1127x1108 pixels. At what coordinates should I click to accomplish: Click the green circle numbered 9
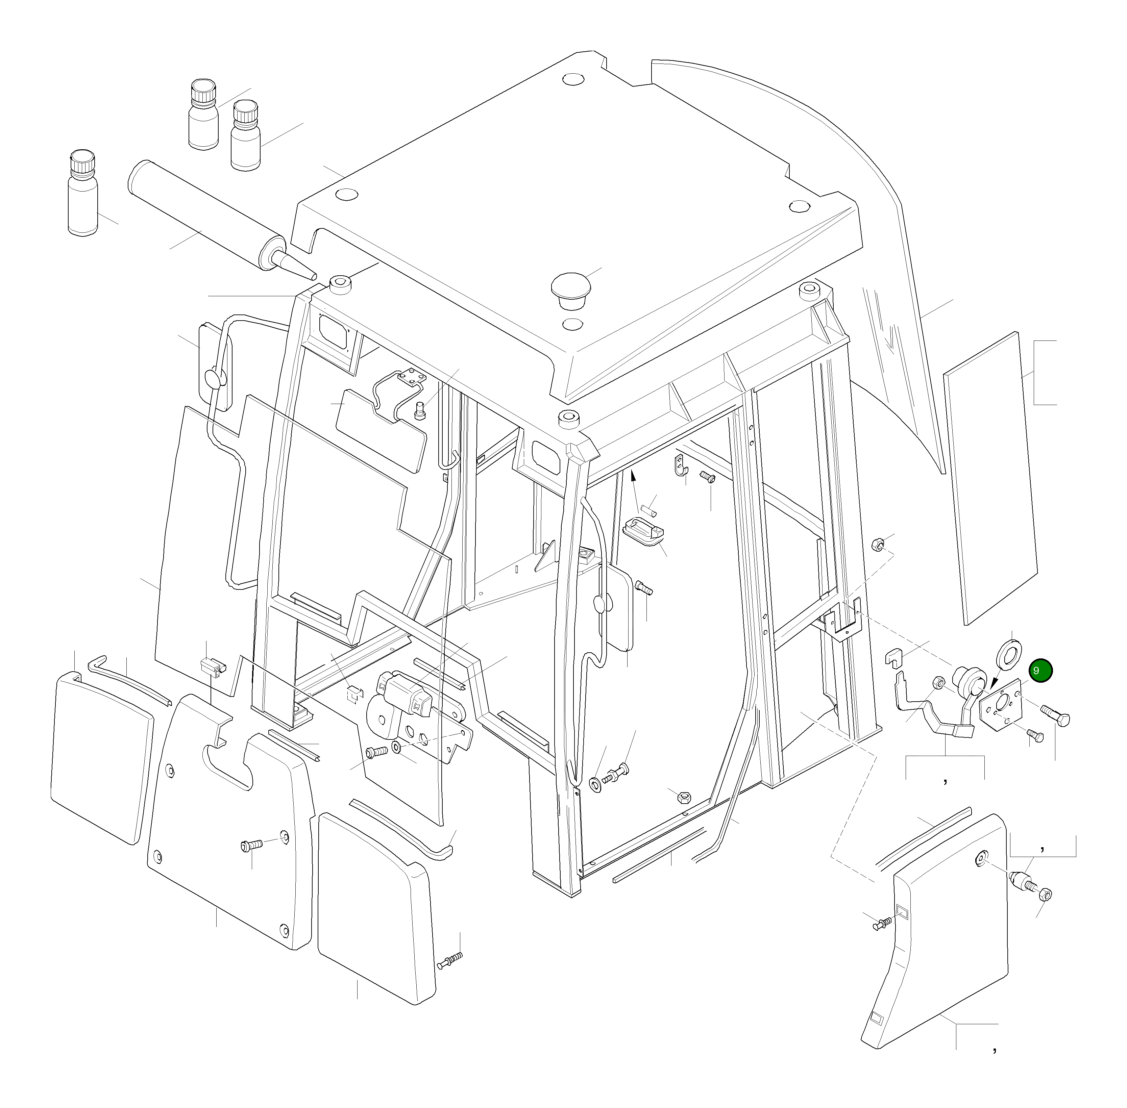1040,671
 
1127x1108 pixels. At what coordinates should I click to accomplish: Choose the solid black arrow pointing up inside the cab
633,478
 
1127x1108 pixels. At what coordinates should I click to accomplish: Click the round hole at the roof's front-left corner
347,194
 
